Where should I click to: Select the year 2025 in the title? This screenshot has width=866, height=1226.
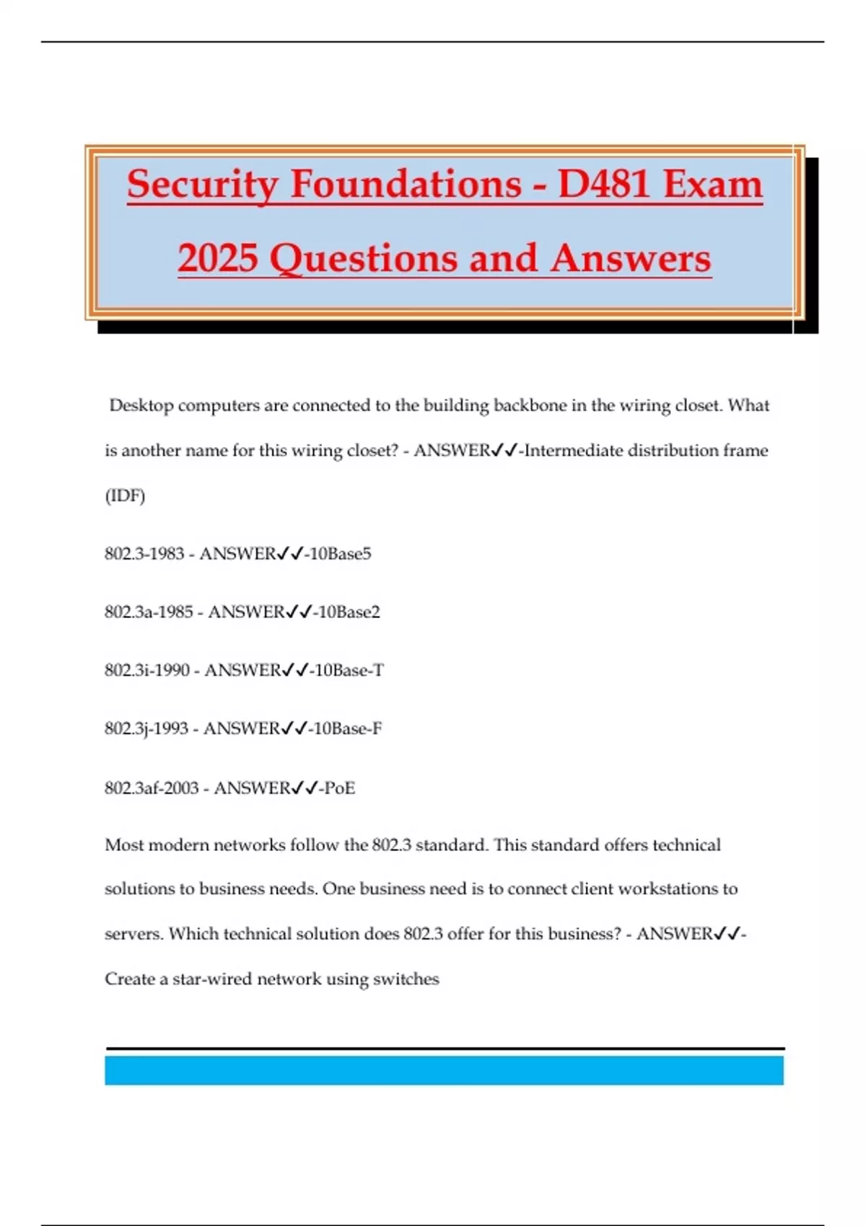coord(218,259)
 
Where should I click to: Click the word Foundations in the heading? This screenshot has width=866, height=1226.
coord(406,185)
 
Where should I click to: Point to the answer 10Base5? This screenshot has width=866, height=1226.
coord(340,554)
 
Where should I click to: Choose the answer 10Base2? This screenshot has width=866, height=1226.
coord(349,612)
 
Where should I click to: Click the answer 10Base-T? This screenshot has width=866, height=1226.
coord(349,671)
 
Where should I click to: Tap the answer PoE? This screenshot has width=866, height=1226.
coord(339,788)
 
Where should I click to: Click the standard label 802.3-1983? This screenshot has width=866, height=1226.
coord(144,554)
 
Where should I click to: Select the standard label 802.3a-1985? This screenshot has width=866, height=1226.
coord(149,612)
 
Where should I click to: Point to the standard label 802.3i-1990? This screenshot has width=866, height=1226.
coord(147,671)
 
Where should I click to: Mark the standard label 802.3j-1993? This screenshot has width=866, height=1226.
coord(146,729)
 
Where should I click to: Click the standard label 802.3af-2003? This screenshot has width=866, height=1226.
coord(152,788)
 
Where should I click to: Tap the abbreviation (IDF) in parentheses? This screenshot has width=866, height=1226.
coord(125,496)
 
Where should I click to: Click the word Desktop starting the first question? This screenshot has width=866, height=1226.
coord(141,406)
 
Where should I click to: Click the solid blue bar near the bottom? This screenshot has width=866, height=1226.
coord(444,1070)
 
